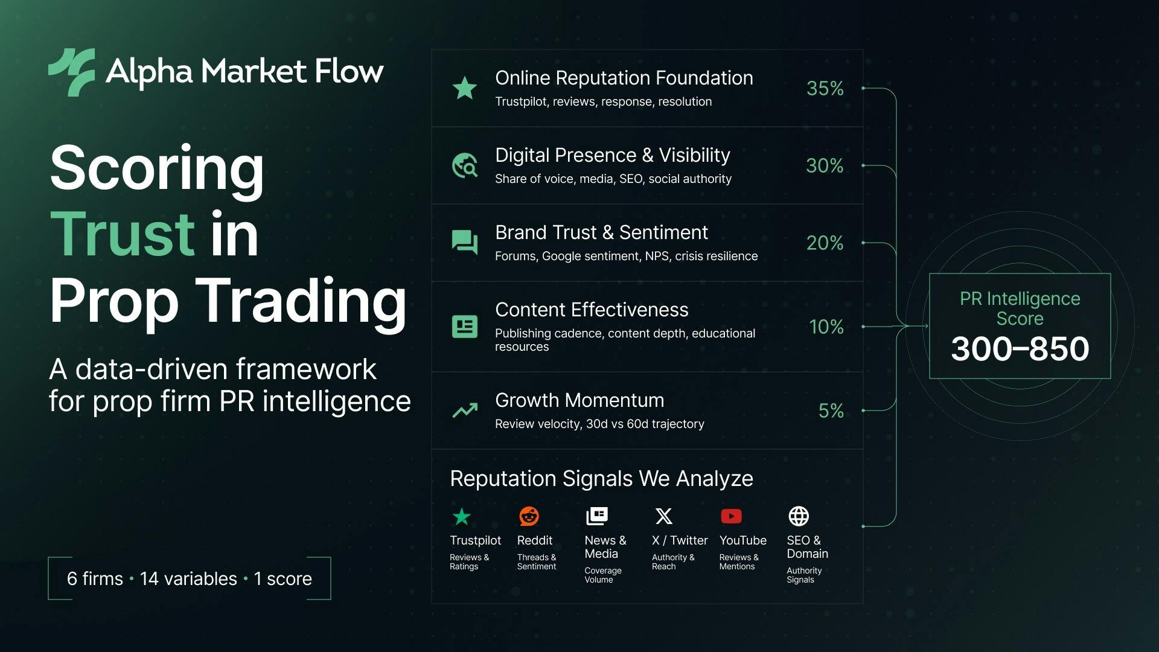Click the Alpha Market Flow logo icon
pos(72,72)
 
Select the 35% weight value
pos(825,88)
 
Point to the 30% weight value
pos(825,165)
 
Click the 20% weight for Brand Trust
pos(825,243)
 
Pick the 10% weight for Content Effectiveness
pos(826,327)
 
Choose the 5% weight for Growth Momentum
pos(831,411)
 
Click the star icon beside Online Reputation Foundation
pos(465,88)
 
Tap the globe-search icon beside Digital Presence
pos(465,165)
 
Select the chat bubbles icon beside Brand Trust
pos(465,243)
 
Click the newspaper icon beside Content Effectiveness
pos(465,327)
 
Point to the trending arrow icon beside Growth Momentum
pos(465,411)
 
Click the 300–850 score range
pos(1020,348)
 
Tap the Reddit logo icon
pos(529,516)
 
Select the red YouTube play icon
pos(731,516)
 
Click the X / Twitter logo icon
pos(663,516)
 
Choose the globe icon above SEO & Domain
pos(799,516)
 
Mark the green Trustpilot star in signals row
pos(462,516)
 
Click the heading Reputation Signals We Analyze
pos(601,479)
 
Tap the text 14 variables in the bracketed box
pos(188,578)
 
